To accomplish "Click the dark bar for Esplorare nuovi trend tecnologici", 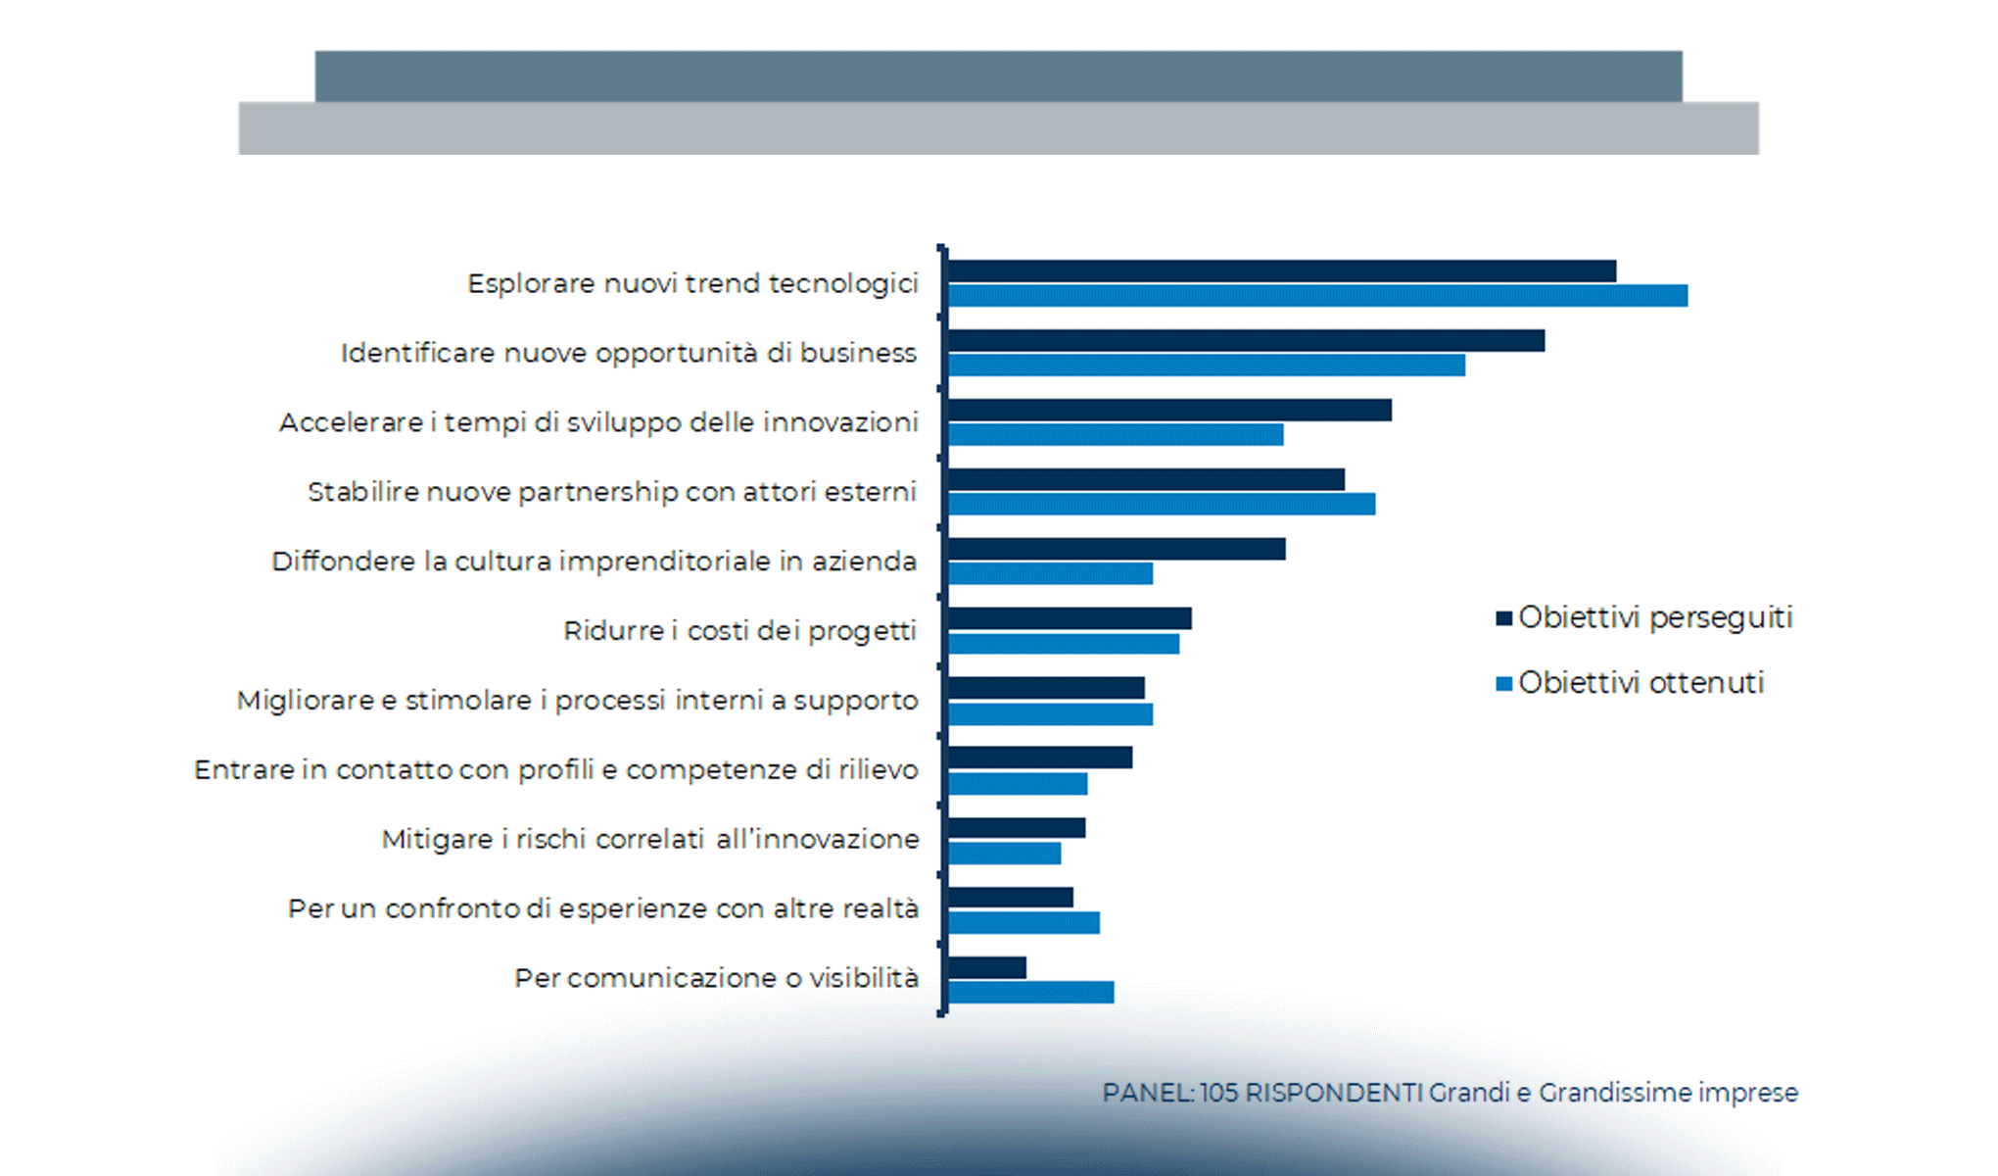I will click(x=1281, y=271).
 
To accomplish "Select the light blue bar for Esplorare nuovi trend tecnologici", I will click(x=1317, y=296).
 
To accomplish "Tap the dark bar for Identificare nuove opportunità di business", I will click(x=1246, y=341).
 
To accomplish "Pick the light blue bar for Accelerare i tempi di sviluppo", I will click(x=1116, y=434).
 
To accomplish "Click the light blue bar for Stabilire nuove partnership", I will click(x=1162, y=504).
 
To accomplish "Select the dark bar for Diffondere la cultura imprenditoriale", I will click(x=1117, y=549).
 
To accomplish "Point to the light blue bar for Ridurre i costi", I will click(x=1064, y=644).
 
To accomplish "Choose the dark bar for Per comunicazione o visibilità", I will click(x=987, y=968).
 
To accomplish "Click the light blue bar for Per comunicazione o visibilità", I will click(x=1030, y=993).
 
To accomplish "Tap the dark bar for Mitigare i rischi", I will click(x=1017, y=829).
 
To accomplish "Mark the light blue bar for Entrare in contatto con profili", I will click(x=1018, y=784).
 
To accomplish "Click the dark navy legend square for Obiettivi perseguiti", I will click(x=1503, y=618).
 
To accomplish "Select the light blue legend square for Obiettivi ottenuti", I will click(x=1503, y=684).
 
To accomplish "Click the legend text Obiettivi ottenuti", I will click(x=1641, y=683).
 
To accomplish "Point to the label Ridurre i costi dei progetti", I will click(x=739, y=631).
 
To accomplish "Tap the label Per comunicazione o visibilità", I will click(x=716, y=978).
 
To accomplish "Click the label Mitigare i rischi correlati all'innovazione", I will click(x=650, y=840).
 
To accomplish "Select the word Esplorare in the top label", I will click(x=531, y=284).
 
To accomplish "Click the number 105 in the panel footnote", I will click(x=1218, y=1093).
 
